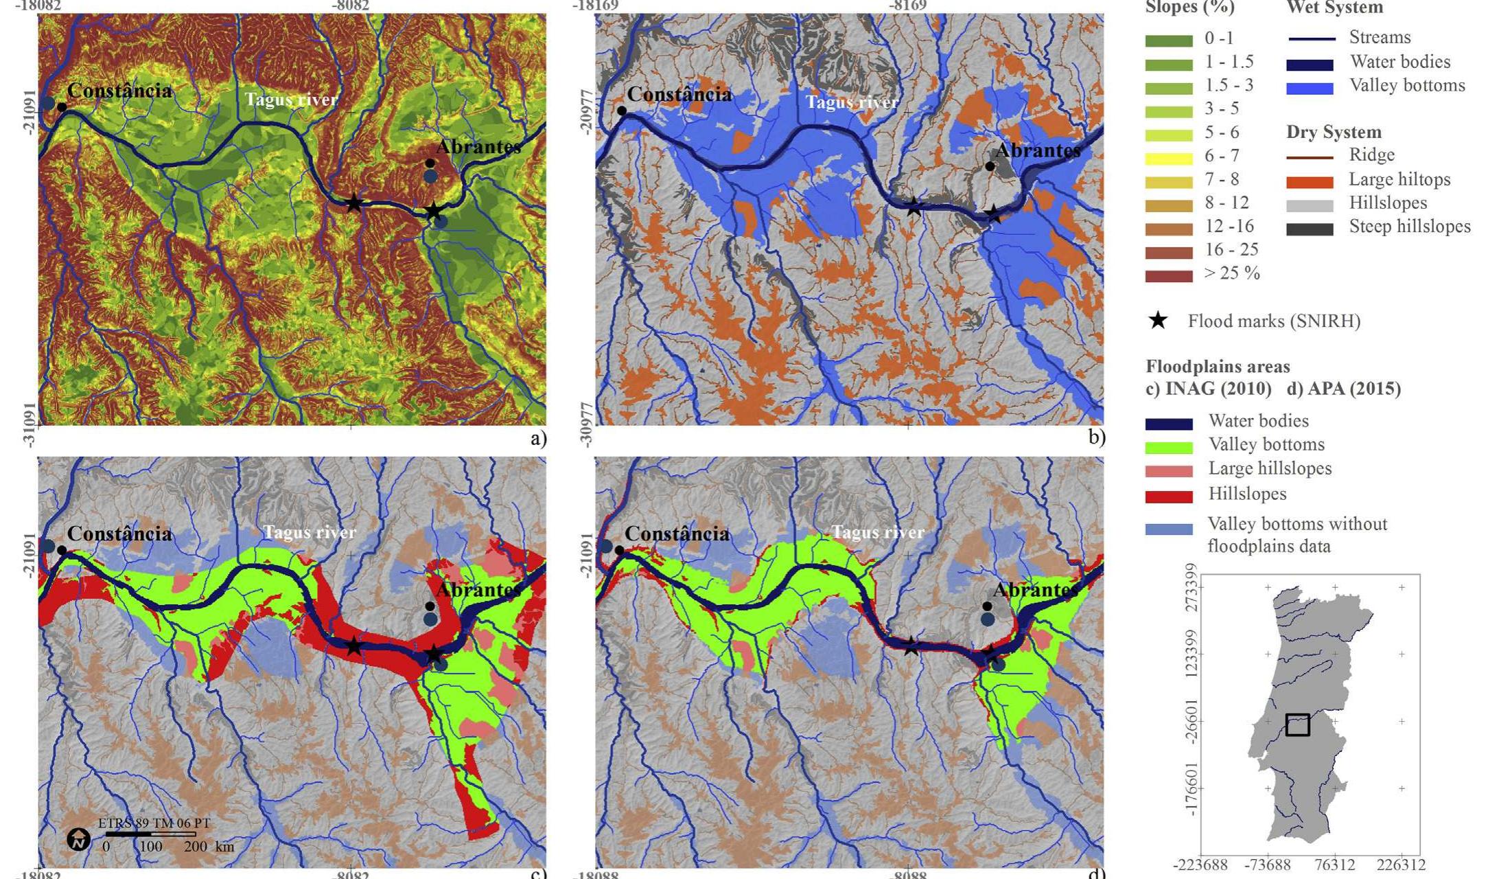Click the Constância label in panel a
pos(119,91)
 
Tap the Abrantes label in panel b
pos(1038,151)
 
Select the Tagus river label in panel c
pos(310,532)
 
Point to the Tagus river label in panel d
pos(878,532)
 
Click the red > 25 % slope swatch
pos(1168,276)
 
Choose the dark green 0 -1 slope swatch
pos(1168,41)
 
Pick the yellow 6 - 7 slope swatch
pos(1168,159)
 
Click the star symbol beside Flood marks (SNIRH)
pos(1158,321)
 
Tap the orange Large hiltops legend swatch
pos(1310,182)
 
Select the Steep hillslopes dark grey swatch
pos(1310,229)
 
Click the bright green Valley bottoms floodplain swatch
pos(1168,447)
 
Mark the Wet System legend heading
pos(1334,8)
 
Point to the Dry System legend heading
pos(1334,132)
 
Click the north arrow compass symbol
pos(79,839)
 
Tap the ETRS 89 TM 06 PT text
pos(154,823)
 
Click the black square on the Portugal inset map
pos(1297,724)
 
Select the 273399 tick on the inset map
pos(1191,588)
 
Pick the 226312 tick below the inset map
pos(1401,865)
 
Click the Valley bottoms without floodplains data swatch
pos(1168,529)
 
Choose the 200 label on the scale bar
pos(196,847)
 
